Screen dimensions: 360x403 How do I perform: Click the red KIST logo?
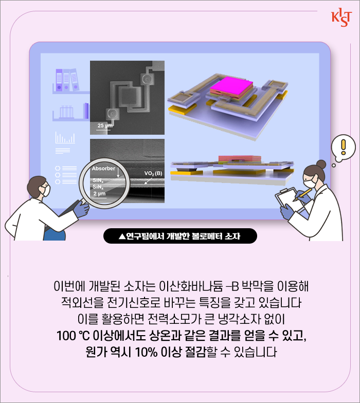click(341, 17)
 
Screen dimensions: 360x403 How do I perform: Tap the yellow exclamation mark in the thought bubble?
click(344, 147)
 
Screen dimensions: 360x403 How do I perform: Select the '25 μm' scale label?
click(105, 125)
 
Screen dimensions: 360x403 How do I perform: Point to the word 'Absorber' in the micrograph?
click(103, 169)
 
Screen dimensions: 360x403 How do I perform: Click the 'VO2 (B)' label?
click(153, 174)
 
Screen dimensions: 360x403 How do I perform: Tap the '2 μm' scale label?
click(99, 193)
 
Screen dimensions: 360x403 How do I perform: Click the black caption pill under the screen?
click(180, 236)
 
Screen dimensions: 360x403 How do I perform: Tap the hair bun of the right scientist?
click(321, 164)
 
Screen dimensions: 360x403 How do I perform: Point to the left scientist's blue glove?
click(81, 209)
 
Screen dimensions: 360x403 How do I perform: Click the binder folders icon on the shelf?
click(67, 80)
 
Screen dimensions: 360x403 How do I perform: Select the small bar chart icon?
click(65, 138)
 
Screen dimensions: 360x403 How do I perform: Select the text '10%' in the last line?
click(146, 352)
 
